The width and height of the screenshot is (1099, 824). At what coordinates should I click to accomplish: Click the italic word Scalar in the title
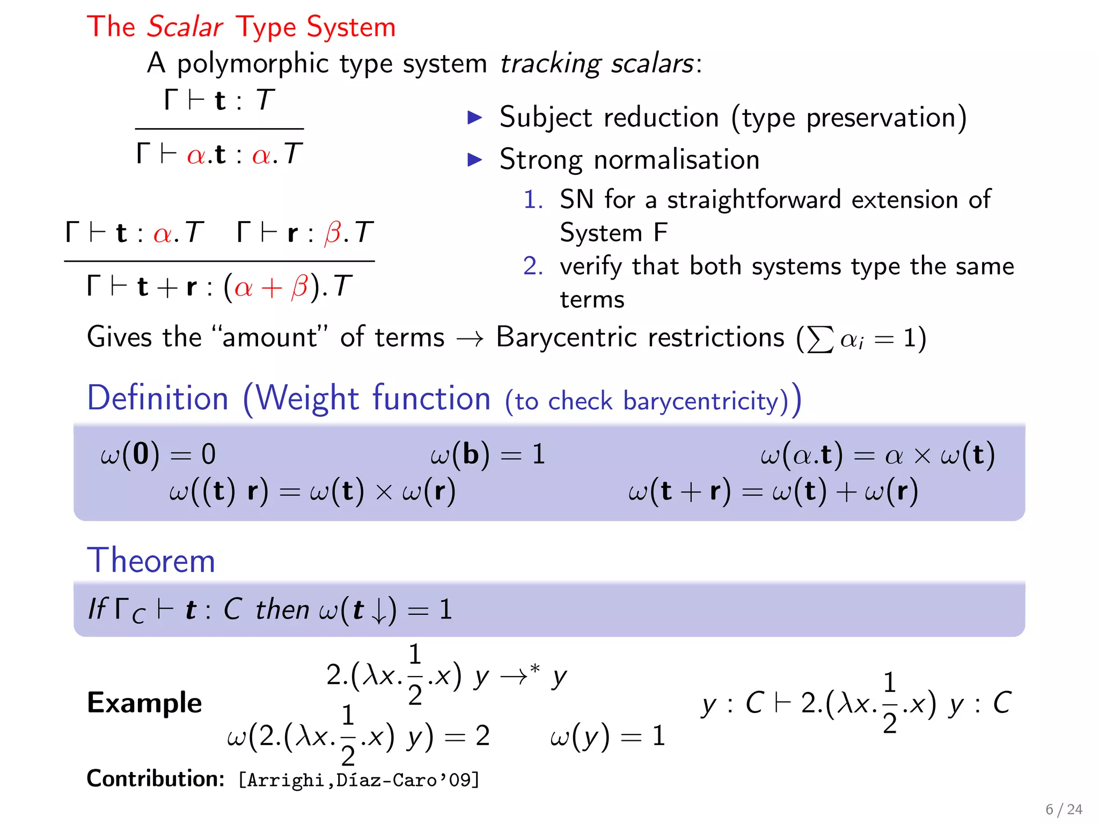click(x=185, y=27)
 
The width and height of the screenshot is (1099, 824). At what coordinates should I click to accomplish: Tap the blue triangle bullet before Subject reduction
click(x=475, y=117)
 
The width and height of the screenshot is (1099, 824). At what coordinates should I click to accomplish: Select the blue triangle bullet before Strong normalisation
click(x=475, y=159)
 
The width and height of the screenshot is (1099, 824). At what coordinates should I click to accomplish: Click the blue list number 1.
click(x=533, y=200)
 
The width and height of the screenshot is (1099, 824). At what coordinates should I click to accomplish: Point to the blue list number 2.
click(x=533, y=266)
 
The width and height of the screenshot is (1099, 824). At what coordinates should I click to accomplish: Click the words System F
click(x=613, y=233)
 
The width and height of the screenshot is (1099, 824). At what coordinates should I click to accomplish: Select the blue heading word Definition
click(x=158, y=399)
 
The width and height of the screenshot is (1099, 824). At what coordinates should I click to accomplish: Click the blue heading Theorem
click(x=151, y=561)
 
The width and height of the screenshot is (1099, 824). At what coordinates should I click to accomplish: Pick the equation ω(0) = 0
click(x=158, y=454)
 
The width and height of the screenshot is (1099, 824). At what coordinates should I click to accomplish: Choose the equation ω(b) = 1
click(x=487, y=454)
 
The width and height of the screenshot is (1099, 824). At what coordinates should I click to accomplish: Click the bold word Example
click(x=144, y=703)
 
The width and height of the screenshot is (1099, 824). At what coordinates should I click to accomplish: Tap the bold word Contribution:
click(x=156, y=779)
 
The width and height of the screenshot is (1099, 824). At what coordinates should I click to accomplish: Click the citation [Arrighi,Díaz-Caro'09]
click(x=358, y=780)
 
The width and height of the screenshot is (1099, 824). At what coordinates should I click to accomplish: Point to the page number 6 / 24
click(x=1064, y=809)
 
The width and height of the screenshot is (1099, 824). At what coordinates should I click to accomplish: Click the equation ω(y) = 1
click(x=607, y=736)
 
